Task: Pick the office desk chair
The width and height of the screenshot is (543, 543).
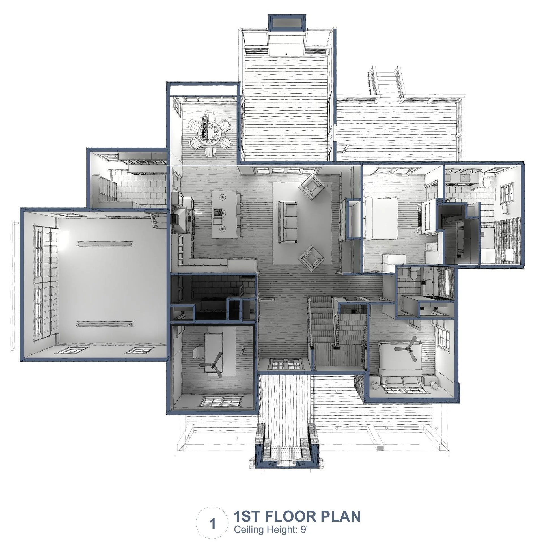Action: (x=197, y=353)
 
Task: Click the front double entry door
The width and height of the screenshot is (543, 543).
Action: (x=286, y=364)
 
